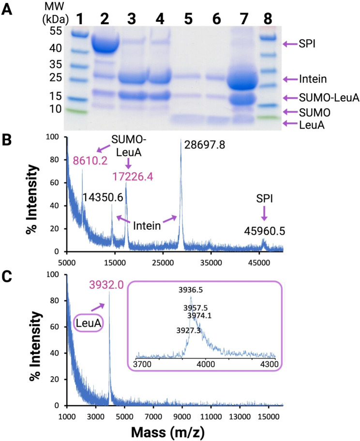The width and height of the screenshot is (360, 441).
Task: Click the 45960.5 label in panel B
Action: [x=264, y=232]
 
